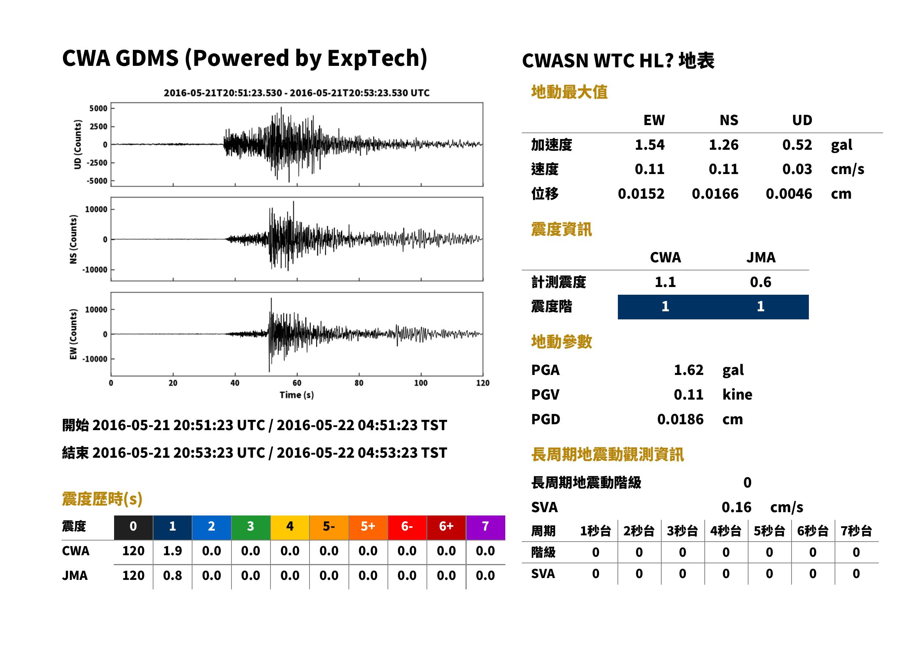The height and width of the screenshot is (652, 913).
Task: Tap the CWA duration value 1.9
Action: (x=172, y=551)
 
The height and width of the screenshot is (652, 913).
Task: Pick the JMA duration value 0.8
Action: (x=172, y=576)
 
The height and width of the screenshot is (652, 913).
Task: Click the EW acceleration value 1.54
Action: (x=649, y=145)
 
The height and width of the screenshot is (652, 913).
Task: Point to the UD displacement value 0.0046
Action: (x=789, y=194)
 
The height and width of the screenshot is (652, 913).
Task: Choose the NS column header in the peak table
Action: (x=729, y=120)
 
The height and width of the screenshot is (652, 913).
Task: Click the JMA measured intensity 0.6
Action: (x=760, y=282)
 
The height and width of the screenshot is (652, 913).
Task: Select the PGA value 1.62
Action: (x=688, y=370)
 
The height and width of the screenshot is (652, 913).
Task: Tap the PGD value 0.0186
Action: (x=680, y=419)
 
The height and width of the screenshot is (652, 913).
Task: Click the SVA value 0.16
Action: (x=736, y=507)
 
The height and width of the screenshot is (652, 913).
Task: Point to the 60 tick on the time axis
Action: (x=297, y=383)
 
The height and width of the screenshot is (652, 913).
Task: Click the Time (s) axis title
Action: (x=297, y=395)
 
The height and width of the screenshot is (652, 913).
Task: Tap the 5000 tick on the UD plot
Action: (x=98, y=109)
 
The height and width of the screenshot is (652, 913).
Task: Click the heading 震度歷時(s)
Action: (x=102, y=499)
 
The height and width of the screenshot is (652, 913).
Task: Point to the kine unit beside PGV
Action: (x=737, y=395)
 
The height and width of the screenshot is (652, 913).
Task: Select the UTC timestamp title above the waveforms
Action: (x=297, y=93)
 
